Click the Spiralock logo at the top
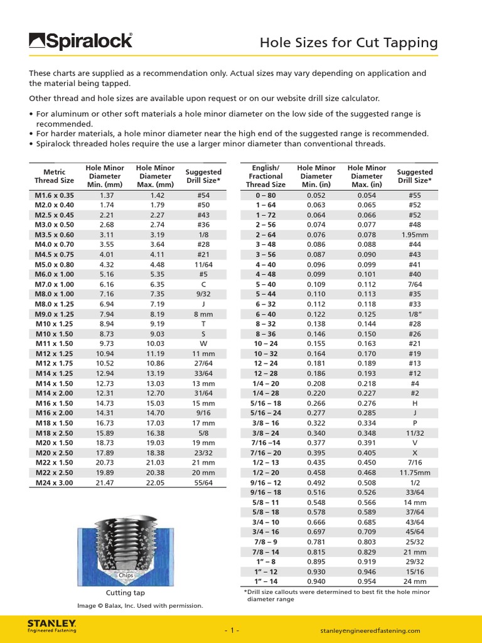click(80, 41)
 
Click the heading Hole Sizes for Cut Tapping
click(348, 43)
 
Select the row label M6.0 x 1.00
click(54, 274)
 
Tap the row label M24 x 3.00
click(54, 482)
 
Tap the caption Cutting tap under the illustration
click(126, 593)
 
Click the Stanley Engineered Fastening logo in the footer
click(52, 626)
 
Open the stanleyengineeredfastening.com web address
click(370, 630)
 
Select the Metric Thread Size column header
click(54, 176)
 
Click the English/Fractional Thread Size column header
click(265, 176)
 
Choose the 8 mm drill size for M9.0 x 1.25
click(203, 314)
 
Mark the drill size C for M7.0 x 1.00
click(203, 284)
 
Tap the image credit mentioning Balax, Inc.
click(140, 606)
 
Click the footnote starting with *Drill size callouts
click(336, 595)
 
